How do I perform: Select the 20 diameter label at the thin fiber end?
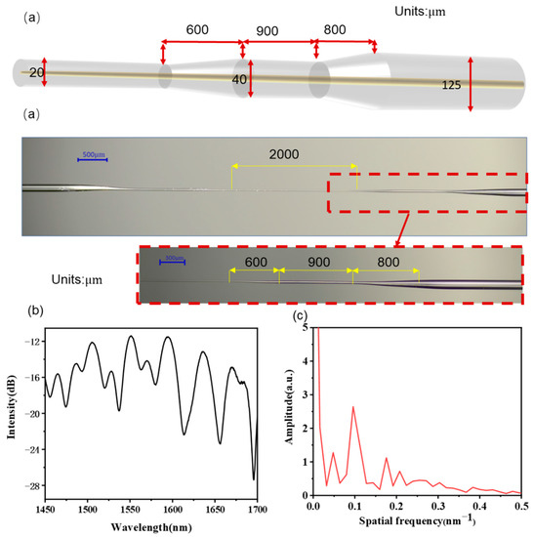[x=37, y=72]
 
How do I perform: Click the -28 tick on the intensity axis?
[x=31, y=485]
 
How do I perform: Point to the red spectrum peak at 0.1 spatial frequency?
[x=352, y=407]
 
